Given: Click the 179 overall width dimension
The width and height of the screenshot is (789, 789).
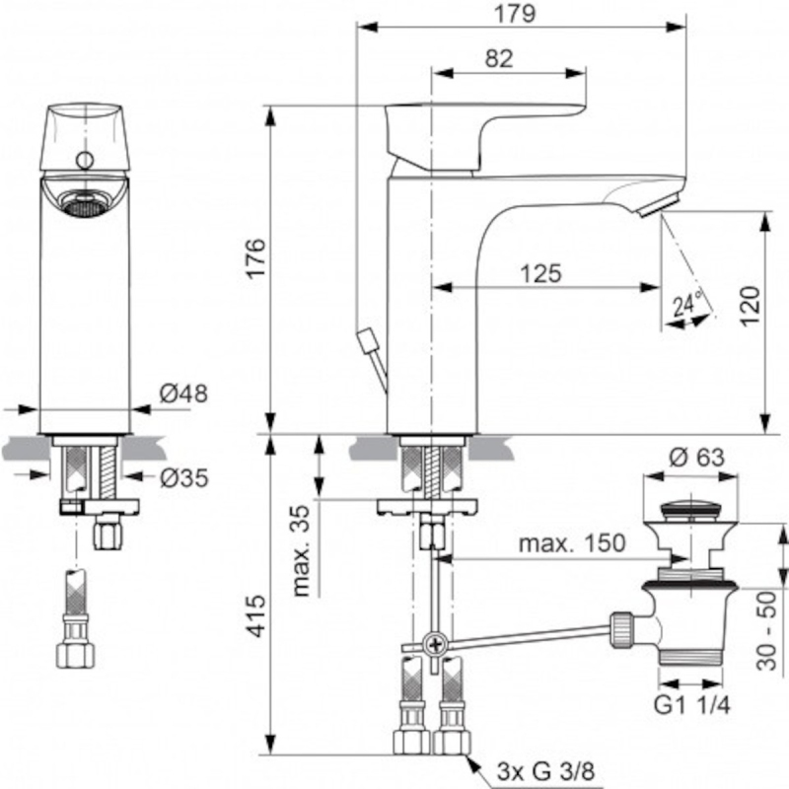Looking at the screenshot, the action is click(x=515, y=14).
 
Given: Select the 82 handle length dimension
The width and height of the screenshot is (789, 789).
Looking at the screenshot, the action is click(x=499, y=59).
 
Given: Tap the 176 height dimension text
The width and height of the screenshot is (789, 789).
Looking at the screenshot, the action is click(x=256, y=258).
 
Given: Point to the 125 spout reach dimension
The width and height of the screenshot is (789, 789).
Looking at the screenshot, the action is click(x=540, y=274).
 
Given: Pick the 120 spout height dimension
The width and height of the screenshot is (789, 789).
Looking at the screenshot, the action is click(x=750, y=307).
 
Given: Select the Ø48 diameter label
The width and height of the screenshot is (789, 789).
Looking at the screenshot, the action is click(x=183, y=393).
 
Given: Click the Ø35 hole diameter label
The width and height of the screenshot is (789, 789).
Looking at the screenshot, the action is click(x=183, y=477).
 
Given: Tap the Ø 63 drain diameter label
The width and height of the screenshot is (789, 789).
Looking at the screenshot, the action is click(x=696, y=458).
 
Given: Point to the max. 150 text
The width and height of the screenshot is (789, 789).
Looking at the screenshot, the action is click(x=572, y=543).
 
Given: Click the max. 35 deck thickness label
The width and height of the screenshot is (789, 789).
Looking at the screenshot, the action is click(x=301, y=550).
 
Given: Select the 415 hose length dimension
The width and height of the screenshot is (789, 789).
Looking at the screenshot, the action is click(x=257, y=616).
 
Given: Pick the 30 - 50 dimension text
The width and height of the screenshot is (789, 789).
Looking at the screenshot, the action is click(x=766, y=631).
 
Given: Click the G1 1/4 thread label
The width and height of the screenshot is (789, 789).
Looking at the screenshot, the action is click(x=691, y=705).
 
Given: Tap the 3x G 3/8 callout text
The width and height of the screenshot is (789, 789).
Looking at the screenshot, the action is click(x=545, y=770).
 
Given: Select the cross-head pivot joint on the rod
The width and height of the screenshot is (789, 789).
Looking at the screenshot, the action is click(x=435, y=644).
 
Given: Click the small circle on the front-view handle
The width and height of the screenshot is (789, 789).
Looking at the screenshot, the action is click(x=85, y=161).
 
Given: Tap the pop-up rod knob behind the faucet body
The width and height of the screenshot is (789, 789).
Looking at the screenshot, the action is click(x=366, y=338).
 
